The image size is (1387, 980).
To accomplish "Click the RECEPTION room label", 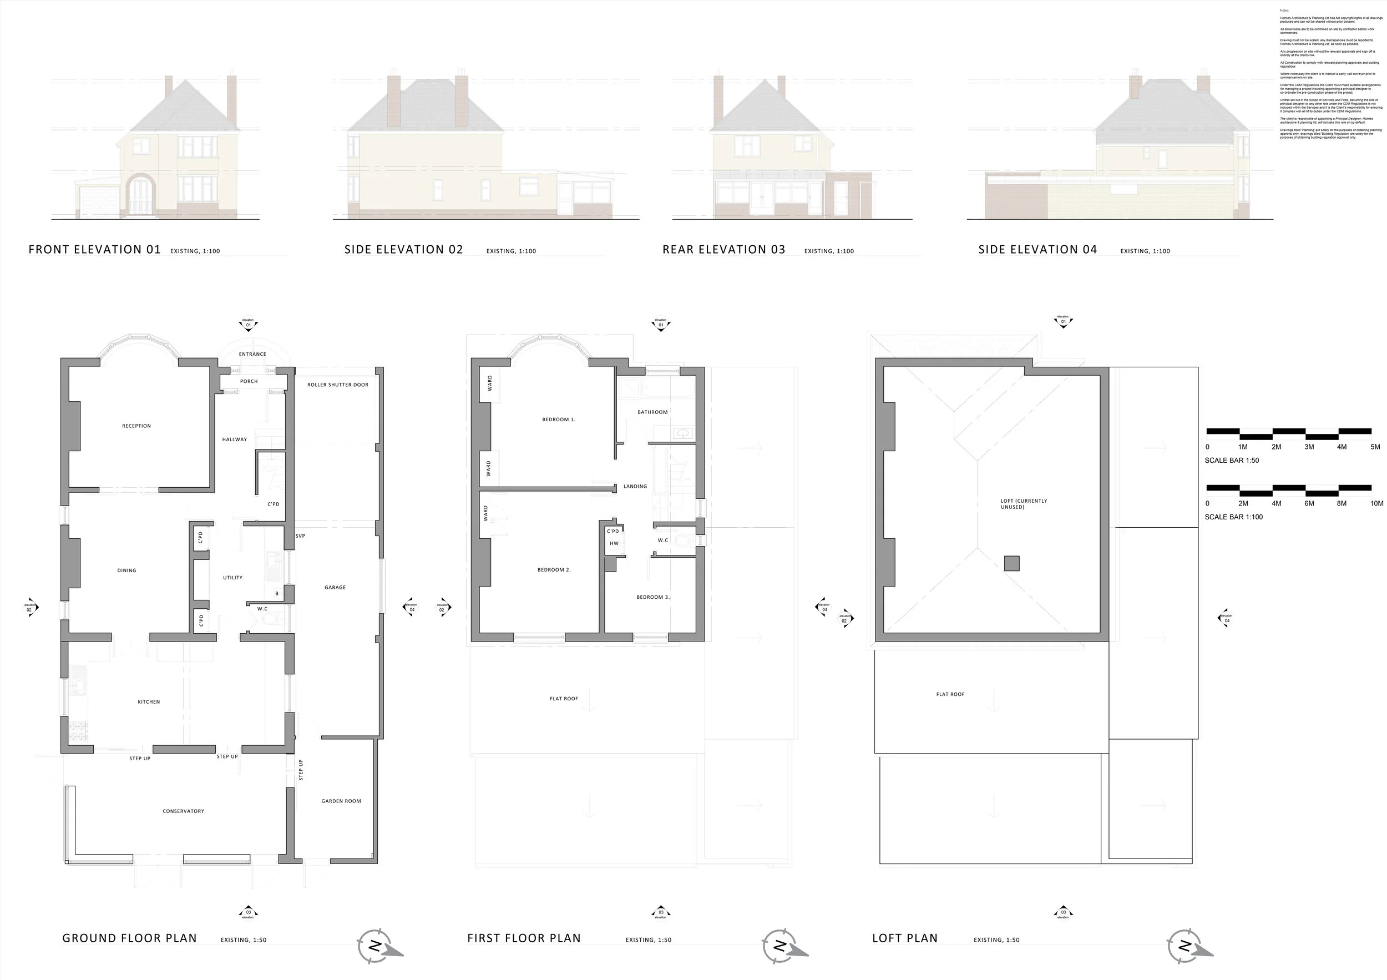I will tap(136, 426).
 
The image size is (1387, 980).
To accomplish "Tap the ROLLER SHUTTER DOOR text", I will tap(338, 385).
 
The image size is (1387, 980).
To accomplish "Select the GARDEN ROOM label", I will tap(341, 801).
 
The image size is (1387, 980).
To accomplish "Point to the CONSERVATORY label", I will tap(183, 811).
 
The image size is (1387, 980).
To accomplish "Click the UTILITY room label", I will tap(232, 578).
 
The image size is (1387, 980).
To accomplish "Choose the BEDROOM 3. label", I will tap(652, 597).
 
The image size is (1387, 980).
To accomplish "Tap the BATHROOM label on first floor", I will tap(652, 412).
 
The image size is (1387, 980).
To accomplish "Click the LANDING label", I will tap(635, 486).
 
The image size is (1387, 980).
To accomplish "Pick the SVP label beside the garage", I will tap(300, 536).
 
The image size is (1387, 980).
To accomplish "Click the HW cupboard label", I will tap(614, 543).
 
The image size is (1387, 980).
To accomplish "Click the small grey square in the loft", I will tap(1011, 564).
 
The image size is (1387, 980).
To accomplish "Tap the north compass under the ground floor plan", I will tap(376, 946).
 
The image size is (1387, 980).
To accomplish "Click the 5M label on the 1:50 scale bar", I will tap(1375, 447).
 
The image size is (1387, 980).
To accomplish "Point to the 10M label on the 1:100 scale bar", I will tap(1376, 503).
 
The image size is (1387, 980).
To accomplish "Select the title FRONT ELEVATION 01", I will tap(95, 250).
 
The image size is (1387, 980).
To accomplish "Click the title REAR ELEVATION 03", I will tap(723, 250).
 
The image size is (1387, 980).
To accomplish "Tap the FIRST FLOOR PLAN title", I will tap(524, 938).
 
